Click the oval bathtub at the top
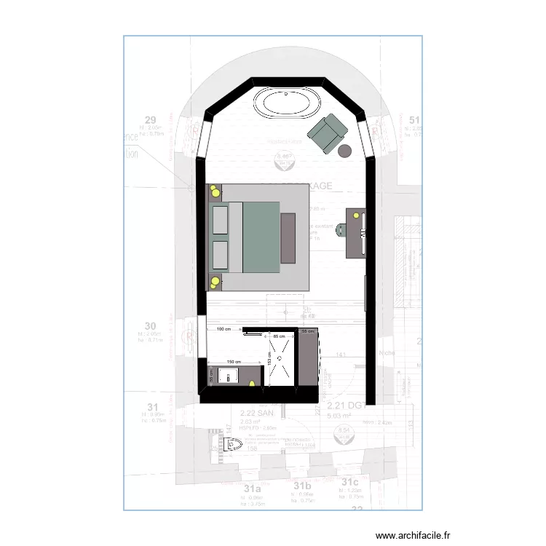[285, 103]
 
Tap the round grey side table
[345, 151]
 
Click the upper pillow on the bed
[219, 219]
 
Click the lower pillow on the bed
[219, 255]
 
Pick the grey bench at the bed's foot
[288, 238]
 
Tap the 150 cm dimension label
[234, 362]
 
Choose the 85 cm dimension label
[278, 336]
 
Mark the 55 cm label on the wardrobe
[307, 332]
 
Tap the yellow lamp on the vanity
[252, 382]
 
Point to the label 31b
[302, 486]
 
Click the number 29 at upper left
[151, 120]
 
